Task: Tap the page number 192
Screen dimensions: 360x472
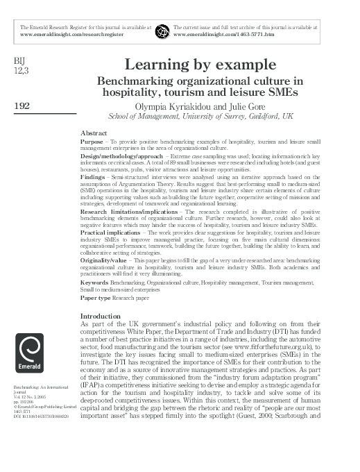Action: coord(22,105)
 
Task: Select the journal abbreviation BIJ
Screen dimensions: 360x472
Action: coord(19,59)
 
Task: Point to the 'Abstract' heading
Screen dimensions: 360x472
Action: coord(94,131)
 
